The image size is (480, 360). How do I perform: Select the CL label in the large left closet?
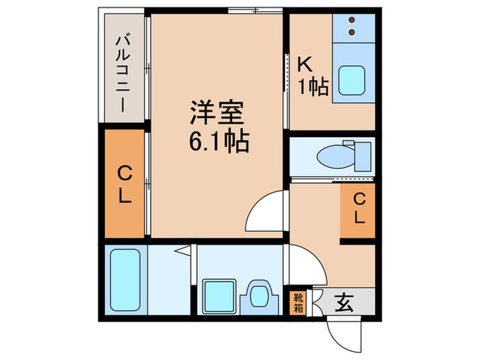123,184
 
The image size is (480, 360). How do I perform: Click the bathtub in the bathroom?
125,280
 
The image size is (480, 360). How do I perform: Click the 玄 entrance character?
345,302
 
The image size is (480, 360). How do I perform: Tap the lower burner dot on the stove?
354,32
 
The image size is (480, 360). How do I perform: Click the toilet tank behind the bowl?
361,156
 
